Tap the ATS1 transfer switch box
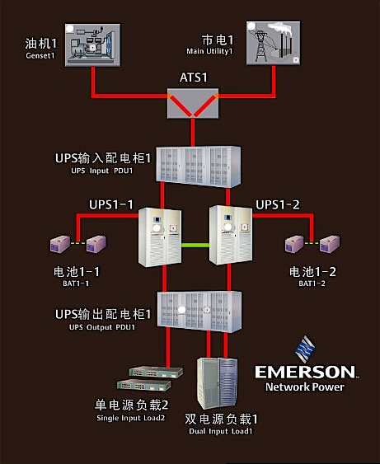[x=190, y=105]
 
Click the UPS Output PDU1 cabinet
[x=192, y=311]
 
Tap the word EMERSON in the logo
[x=305, y=373]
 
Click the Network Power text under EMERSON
[x=305, y=387]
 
